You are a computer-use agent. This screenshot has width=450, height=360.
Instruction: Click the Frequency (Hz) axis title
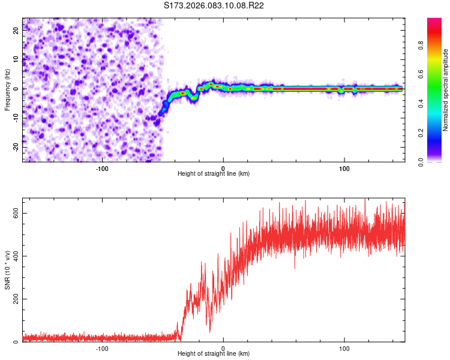[7, 90]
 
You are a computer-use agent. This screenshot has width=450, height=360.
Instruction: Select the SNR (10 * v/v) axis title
[7, 270]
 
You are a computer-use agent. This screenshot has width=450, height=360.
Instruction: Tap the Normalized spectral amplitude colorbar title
[446, 90]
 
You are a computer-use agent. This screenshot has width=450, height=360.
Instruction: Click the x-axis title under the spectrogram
[214, 174]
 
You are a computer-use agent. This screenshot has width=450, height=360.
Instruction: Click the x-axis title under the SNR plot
[214, 354]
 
